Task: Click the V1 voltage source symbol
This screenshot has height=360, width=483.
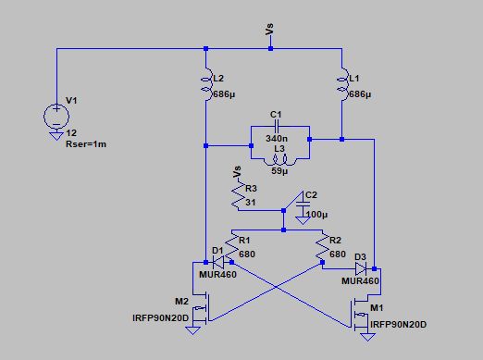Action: click(56, 116)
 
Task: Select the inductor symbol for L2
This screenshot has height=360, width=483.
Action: click(204, 84)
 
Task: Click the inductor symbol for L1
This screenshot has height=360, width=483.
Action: click(341, 84)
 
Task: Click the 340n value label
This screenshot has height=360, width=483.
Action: click(277, 137)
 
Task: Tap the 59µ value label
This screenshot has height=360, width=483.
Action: click(276, 171)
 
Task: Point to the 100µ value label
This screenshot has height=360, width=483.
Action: click(314, 215)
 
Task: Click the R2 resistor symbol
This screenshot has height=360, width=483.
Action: click(324, 246)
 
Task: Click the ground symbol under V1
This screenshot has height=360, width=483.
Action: click(56, 139)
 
